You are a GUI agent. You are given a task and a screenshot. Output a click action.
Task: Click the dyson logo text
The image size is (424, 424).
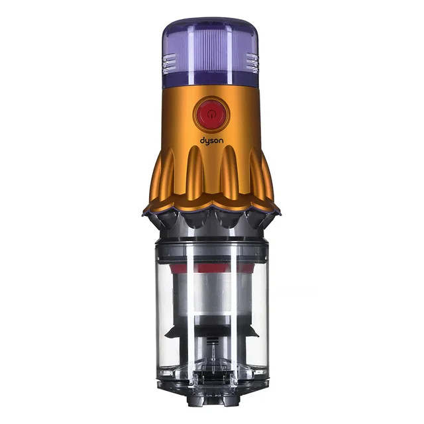click(212, 141)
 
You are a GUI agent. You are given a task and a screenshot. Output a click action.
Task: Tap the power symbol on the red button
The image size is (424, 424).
click(211, 115)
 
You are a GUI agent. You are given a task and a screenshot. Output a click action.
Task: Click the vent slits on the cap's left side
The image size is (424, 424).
click(170, 63)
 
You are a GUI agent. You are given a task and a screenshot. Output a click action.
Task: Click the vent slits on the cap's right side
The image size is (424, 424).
click(252, 63)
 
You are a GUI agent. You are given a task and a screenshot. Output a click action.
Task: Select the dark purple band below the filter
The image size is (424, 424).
click(211, 80)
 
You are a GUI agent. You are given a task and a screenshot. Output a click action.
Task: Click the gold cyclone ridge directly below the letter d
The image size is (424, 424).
click(195, 170)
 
